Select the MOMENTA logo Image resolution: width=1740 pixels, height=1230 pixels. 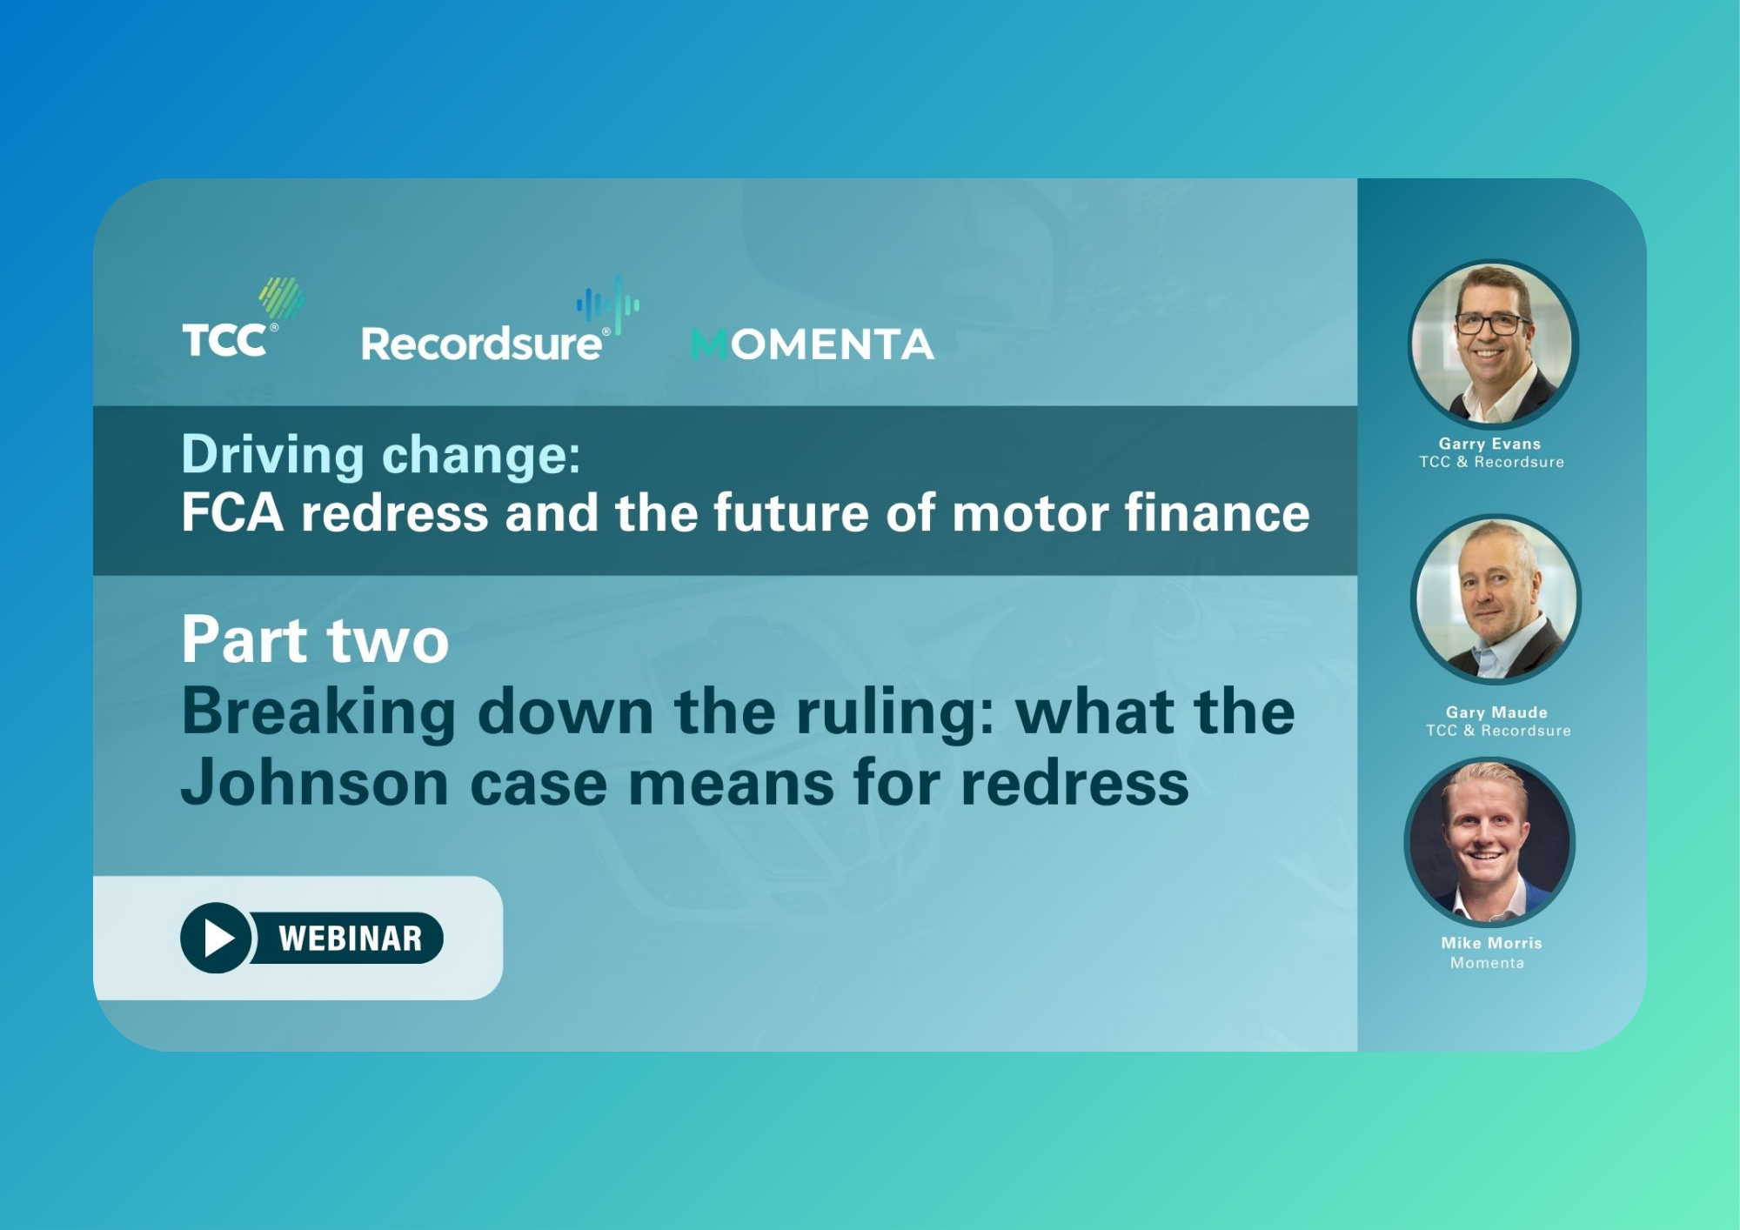813,344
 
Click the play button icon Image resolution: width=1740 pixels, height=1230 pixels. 216,938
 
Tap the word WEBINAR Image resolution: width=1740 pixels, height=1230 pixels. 351,939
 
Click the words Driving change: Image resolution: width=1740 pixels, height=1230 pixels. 381,455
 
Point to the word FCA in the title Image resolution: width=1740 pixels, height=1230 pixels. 232,512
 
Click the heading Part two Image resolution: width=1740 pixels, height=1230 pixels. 315,640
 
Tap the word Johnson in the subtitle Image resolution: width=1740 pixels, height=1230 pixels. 315,783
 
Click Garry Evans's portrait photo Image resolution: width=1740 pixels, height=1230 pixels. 1493,344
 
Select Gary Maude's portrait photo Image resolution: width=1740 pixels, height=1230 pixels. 1496,599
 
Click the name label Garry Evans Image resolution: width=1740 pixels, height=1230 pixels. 1489,444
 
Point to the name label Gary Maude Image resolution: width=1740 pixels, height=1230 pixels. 1496,712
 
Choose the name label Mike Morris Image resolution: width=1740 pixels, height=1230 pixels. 1491,943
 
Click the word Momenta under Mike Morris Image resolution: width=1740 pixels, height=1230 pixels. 1487,963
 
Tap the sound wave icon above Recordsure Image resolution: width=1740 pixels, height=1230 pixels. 608,305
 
